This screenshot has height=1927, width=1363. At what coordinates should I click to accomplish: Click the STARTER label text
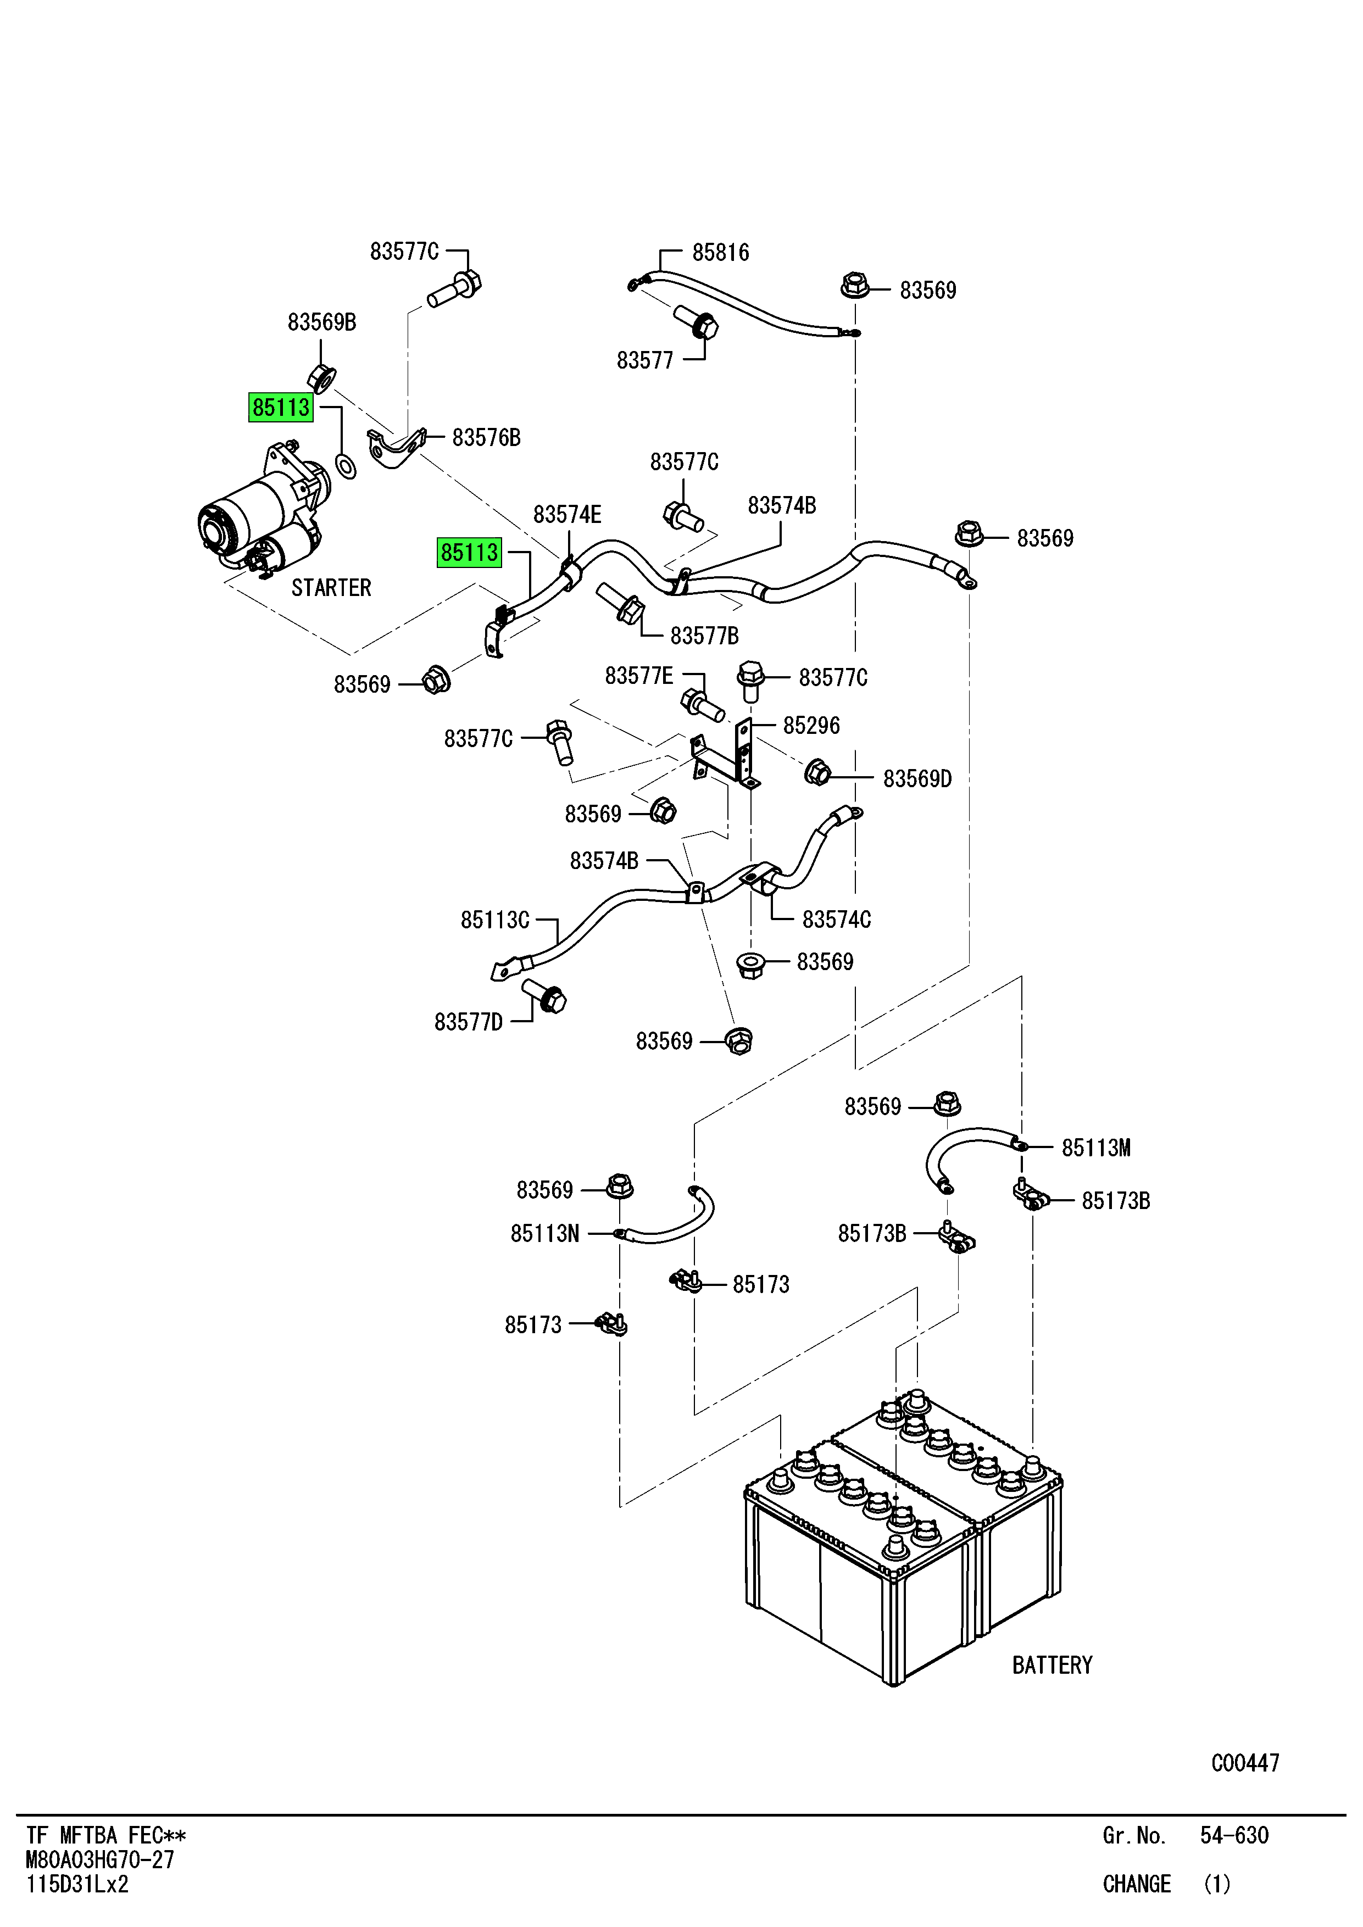coord(331,588)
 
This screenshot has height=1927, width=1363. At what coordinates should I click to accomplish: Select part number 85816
coord(720,253)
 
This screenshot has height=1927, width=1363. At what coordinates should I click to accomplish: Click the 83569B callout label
coord(321,322)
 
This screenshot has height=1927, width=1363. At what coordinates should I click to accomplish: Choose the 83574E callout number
coord(568,515)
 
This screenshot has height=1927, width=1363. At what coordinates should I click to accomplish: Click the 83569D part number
coord(917,779)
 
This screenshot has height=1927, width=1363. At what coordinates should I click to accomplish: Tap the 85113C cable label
coord(494,920)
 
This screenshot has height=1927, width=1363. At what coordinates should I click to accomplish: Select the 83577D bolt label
coord(468,1022)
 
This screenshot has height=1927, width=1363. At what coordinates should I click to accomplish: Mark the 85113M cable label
coord(1095,1148)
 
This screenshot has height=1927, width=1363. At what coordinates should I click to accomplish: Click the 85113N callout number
coord(544,1234)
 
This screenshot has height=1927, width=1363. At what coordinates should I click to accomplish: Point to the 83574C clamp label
coord(836,920)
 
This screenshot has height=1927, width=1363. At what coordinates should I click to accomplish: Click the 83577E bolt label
coord(639,676)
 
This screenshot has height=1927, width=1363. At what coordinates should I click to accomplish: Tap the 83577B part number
coord(704,636)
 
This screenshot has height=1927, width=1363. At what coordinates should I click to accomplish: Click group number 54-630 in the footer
coord(1234,1835)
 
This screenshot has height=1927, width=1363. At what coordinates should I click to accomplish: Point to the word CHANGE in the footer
coord(1137,1884)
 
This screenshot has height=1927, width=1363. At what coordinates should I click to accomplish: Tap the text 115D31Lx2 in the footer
coord(77,1884)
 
